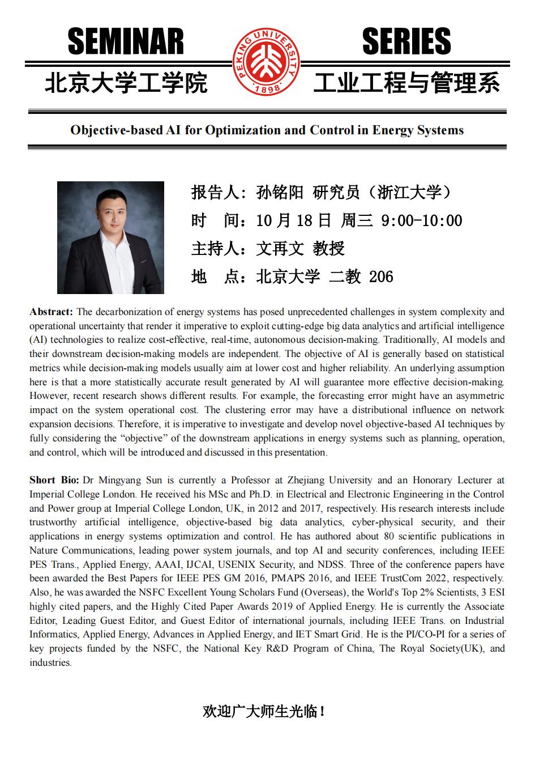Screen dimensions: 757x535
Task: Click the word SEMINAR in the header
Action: point(126,42)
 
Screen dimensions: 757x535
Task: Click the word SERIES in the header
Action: point(406,42)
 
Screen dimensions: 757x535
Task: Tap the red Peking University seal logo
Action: point(267,62)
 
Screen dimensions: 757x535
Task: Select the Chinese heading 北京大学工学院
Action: point(126,83)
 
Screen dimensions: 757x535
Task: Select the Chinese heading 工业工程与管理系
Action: point(407,83)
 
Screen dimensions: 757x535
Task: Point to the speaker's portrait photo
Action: point(110,237)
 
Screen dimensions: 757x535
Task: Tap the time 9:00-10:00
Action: point(422,220)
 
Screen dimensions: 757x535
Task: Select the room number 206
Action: point(381,277)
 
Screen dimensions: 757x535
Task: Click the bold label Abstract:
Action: point(52,312)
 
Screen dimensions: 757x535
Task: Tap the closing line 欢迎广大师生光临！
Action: point(264,711)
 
